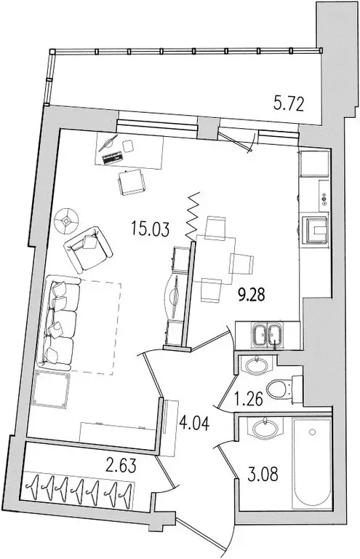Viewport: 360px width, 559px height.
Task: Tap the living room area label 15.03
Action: pyautogui.click(x=151, y=232)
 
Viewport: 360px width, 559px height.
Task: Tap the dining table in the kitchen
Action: pyautogui.click(x=217, y=258)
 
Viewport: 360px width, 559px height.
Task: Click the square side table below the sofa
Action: pyautogui.click(x=52, y=392)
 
